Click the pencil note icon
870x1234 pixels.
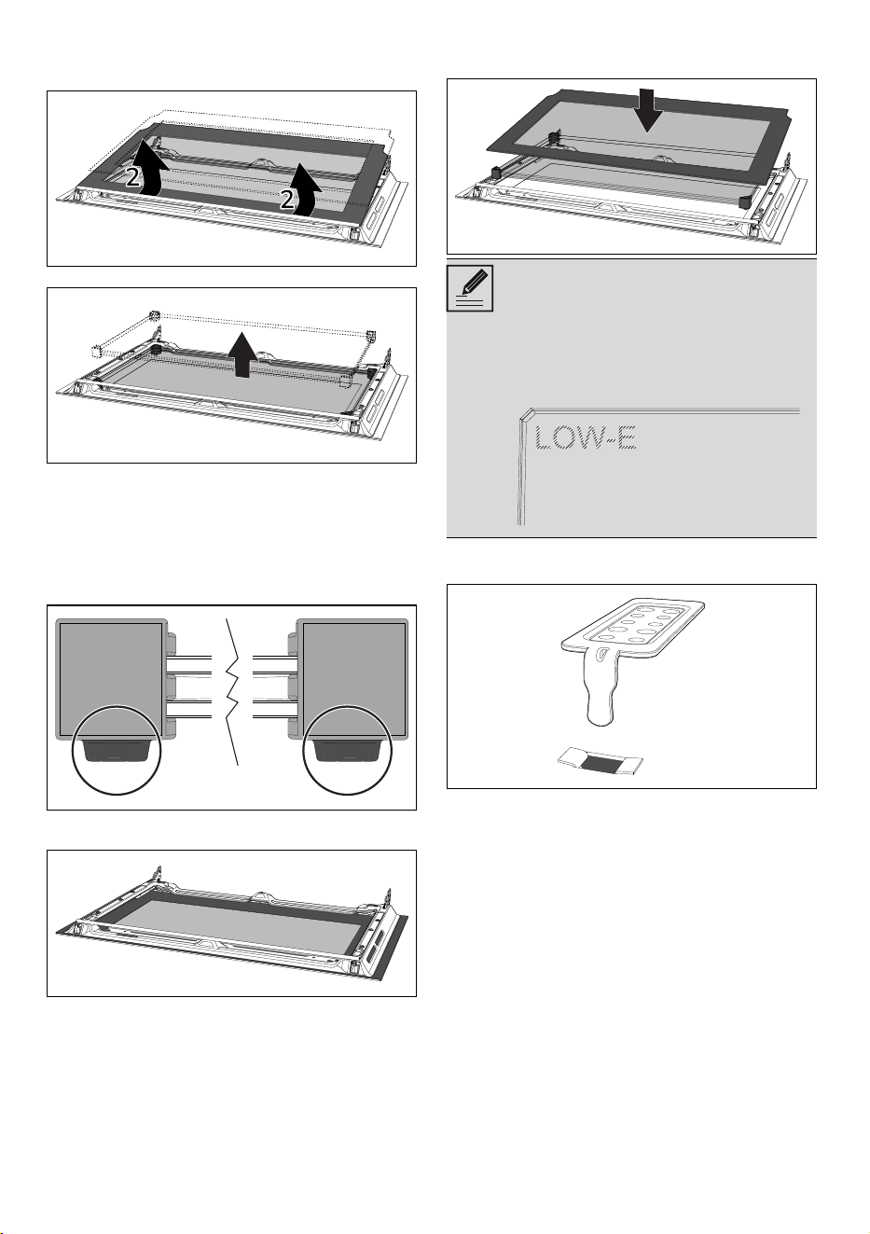(470, 288)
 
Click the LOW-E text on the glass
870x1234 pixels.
(586, 438)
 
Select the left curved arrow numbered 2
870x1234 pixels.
(148, 168)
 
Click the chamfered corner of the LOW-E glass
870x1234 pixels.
(527, 413)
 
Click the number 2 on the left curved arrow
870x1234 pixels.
(132, 178)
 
